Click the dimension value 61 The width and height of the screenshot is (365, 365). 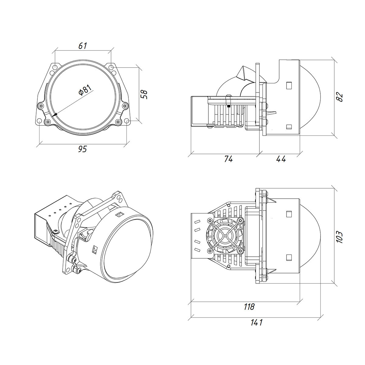click(83, 46)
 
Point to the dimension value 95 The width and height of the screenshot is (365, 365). click(82, 149)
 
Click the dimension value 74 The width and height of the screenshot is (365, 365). click(228, 159)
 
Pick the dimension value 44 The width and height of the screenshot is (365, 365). click(281, 159)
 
